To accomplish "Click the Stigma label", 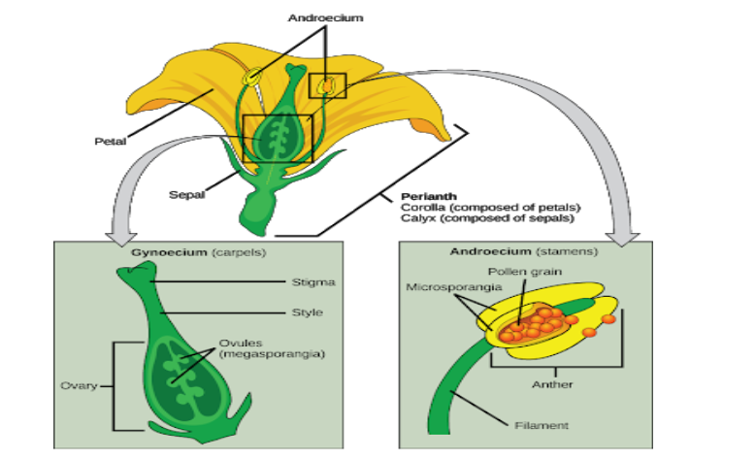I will [x=313, y=282].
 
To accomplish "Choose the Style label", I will [x=308, y=312].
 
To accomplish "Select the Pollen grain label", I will [x=518, y=271].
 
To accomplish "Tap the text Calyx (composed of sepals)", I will [x=482, y=220].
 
